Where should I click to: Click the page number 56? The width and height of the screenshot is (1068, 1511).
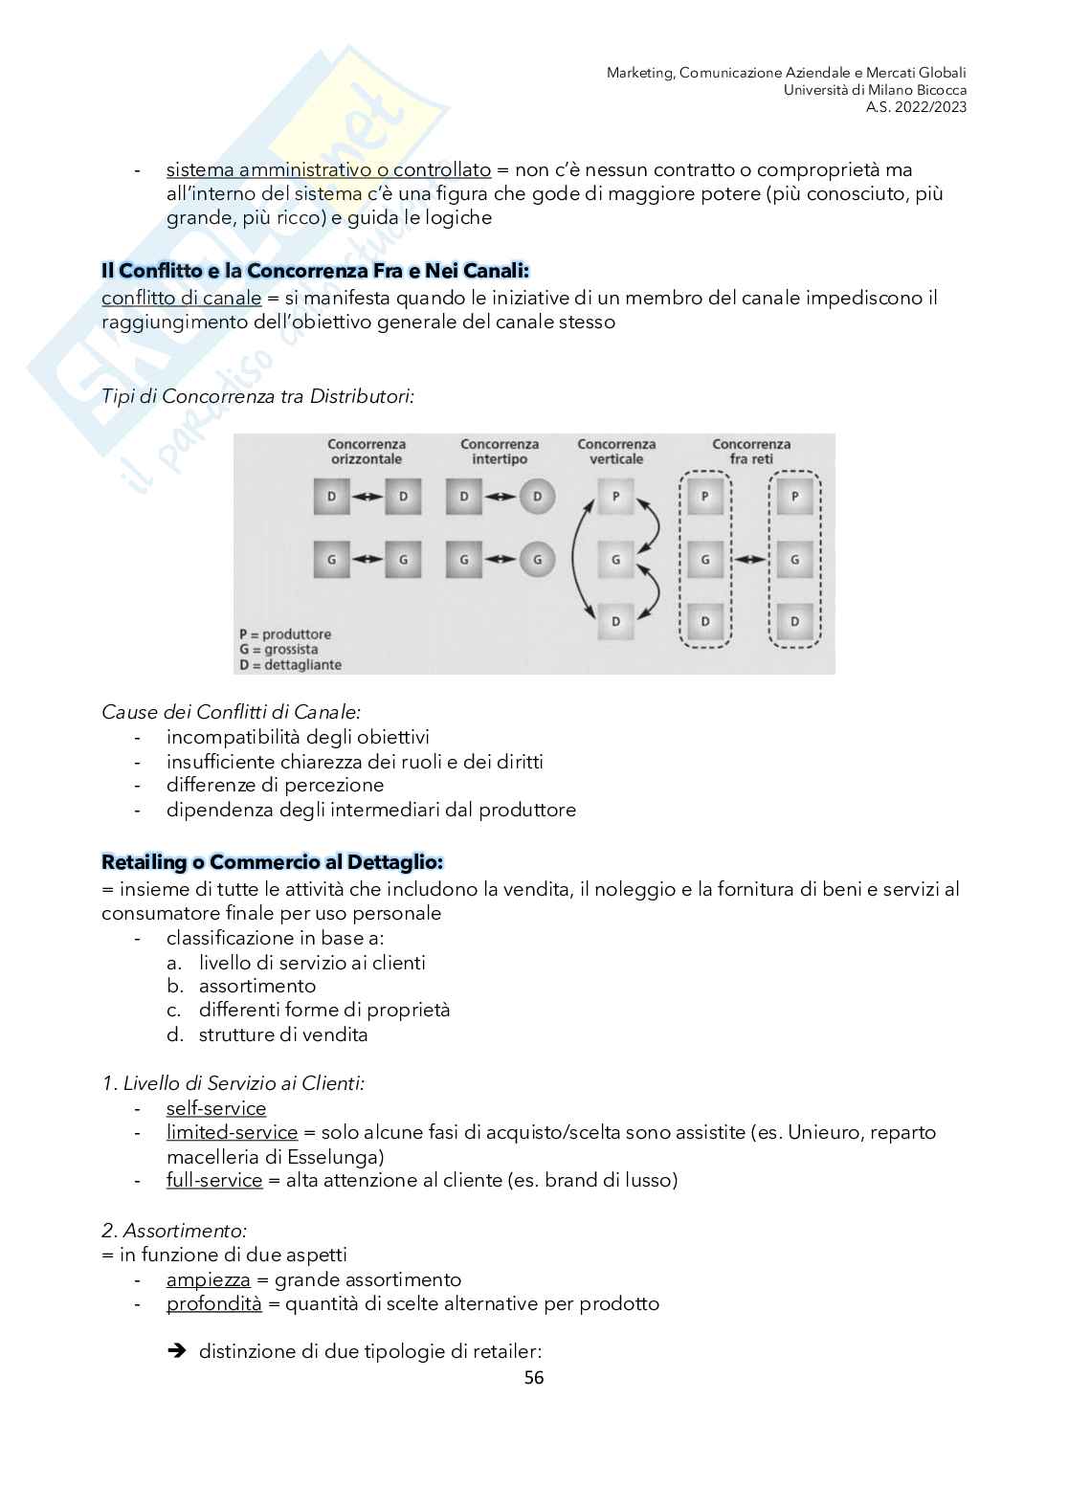coord(534,1377)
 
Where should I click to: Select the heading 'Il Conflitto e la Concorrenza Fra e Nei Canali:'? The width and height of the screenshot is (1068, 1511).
coord(315,271)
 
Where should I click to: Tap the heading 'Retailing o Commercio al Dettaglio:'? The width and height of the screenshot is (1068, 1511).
coord(272,862)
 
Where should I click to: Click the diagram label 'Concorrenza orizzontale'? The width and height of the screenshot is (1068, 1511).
coord(367,452)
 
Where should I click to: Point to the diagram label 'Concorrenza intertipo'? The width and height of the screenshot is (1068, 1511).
coord(499,452)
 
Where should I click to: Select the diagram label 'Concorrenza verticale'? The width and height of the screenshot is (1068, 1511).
coord(616,452)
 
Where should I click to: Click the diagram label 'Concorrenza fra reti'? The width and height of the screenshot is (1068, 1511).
coord(751,452)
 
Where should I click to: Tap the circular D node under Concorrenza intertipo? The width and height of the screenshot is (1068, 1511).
coord(537,497)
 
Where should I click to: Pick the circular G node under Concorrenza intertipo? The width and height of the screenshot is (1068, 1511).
coord(537,560)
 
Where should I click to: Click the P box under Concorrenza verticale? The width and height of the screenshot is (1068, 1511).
coord(615,497)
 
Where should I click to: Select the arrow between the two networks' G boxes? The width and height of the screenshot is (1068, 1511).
coord(750,560)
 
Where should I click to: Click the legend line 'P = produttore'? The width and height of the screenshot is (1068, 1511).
coord(285,634)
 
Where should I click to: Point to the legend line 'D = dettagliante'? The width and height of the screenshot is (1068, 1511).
coord(290,665)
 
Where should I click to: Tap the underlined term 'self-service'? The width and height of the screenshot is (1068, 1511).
coord(216,1108)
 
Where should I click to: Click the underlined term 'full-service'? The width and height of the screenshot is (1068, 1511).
coord(214,1180)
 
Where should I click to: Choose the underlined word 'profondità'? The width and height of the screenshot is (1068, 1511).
coord(213,1303)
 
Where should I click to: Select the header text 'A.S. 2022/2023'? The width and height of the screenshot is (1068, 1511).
coord(916,107)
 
